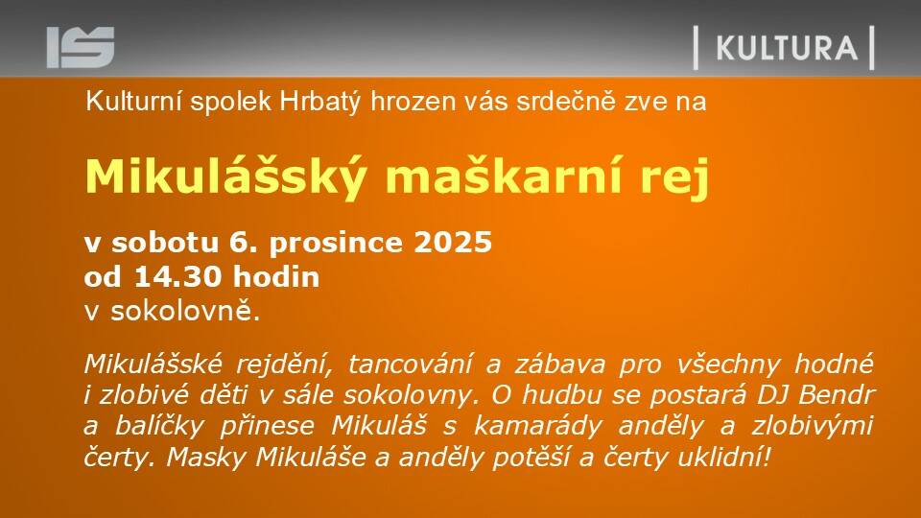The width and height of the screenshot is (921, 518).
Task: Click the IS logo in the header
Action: [81, 47]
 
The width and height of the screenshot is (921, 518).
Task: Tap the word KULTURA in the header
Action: [787, 48]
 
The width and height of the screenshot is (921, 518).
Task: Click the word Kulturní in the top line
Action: [134, 101]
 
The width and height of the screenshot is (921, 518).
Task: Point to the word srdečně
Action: [566, 101]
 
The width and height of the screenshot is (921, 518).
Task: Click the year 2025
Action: [453, 242]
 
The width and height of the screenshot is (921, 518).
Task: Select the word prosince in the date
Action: [337, 243]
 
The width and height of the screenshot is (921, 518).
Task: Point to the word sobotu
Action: [165, 243]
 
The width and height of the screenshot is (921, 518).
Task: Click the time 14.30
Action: [178, 276]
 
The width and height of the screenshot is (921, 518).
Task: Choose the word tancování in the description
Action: [410, 365]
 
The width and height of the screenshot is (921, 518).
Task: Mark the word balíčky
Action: [159, 426]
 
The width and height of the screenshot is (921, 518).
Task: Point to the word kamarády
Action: [538, 426]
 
